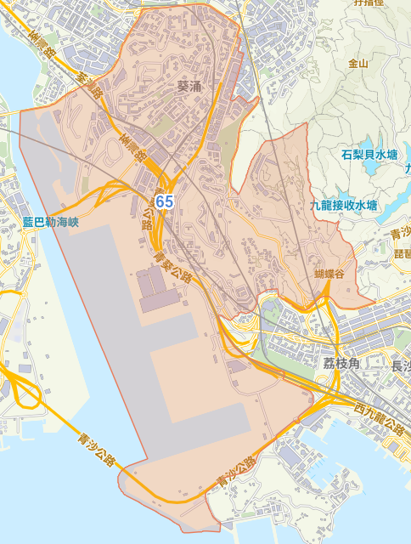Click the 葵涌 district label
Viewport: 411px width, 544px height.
[x=192, y=86]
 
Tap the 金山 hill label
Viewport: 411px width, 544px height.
[x=358, y=63]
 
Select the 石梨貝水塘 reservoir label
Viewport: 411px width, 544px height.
[x=369, y=156]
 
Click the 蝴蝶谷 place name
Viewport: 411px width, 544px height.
[x=329, y=274]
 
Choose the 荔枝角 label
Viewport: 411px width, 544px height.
[x=341, y=362]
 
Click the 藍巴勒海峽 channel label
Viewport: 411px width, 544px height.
[x=50, y=223]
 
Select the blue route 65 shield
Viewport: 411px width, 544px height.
[x=165, y=202]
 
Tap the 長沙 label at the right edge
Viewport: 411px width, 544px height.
[x=398, y=366]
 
